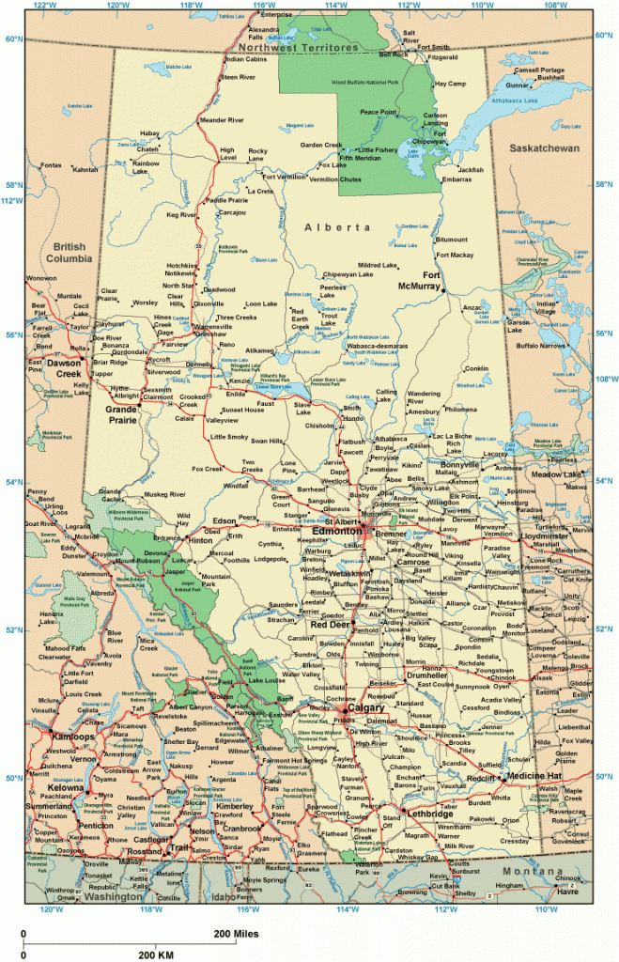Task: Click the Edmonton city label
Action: [337, 531]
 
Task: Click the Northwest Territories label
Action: [299, 47]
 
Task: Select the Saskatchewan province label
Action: [546, 149]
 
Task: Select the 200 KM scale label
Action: [158, 954]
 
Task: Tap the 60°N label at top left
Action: [12, 39]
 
